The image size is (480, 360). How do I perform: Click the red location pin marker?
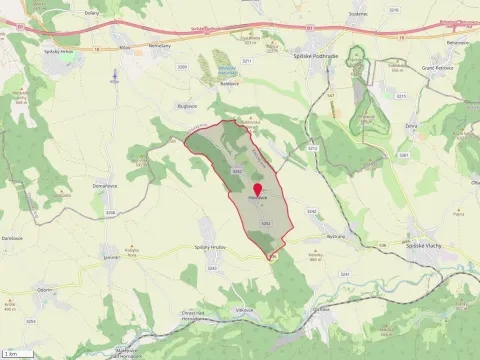coord(257,189)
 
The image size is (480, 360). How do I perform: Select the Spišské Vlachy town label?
coord(425,245)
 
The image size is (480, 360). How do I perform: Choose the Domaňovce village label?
coord(107,186)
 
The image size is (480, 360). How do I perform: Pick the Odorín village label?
coord(45,289)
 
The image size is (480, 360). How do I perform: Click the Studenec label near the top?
coord(359,13)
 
